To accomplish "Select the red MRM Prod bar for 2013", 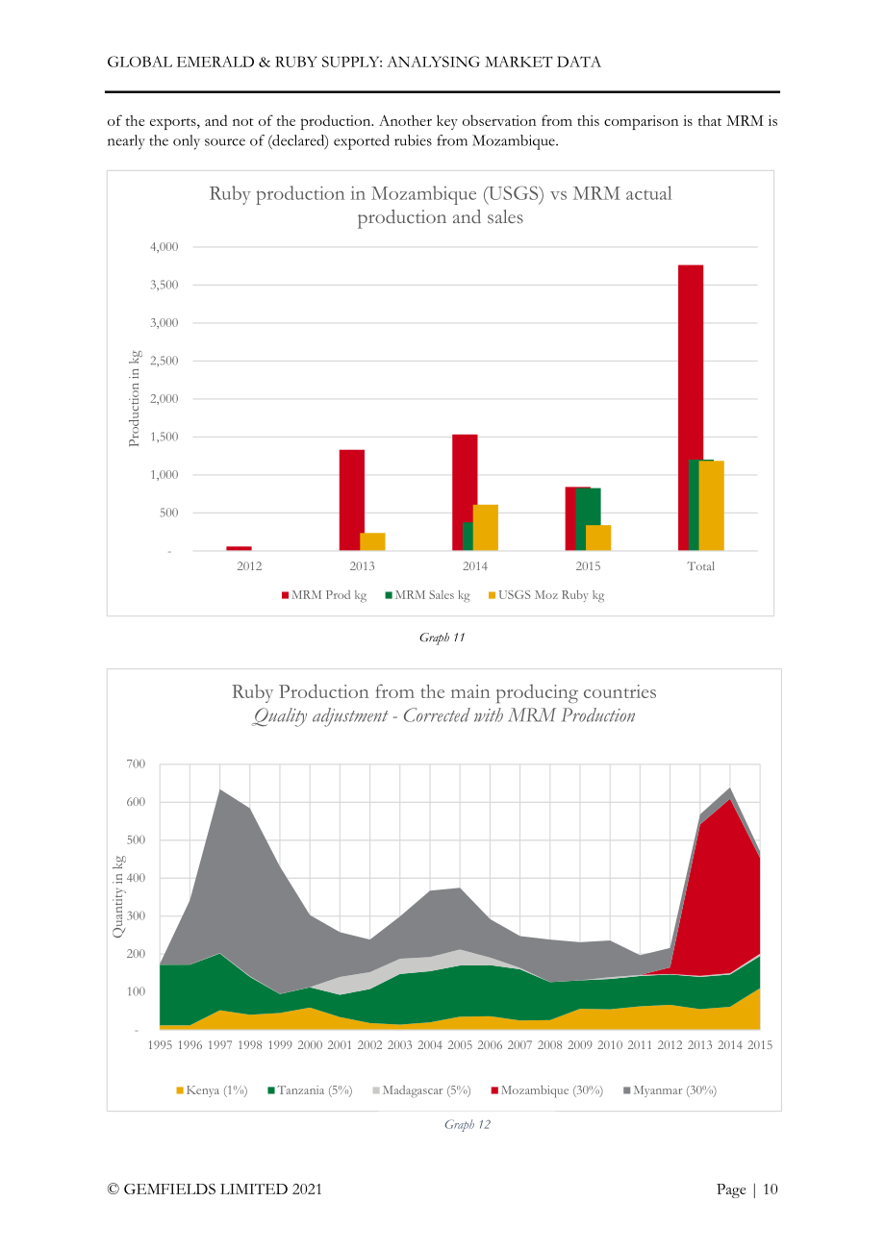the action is [351, 500].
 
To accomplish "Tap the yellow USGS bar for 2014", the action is [485, 528].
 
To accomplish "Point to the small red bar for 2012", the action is [239, 548].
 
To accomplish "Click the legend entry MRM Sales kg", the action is [428, 595].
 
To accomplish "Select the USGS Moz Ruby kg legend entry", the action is [546, 595].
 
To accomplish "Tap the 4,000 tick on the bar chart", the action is [164, 246].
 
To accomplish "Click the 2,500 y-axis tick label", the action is [164, 361].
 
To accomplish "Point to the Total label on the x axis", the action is [701, 566].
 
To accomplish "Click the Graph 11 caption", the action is [442, 638].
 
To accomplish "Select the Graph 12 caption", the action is [468, 1124].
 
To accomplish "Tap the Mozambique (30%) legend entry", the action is [546, 1090].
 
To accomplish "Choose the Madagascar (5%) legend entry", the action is [421, 1090].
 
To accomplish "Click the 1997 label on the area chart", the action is [219, 1045].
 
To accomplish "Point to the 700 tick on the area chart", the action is [136, 764].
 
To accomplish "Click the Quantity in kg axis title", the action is [117, 896].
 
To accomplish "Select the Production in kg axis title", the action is [134, 398].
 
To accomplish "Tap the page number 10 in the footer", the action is [770, 1189].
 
